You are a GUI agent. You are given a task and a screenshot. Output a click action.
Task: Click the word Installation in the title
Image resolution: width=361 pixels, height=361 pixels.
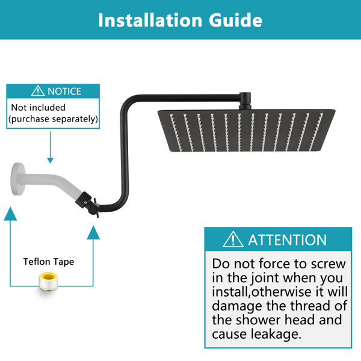click(x=150, y=20)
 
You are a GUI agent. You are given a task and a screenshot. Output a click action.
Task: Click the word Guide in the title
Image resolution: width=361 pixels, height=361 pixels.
click(x=235, y=20)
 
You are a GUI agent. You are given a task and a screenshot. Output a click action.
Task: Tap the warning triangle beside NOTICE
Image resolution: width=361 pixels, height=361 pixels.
click(x=38, y=91)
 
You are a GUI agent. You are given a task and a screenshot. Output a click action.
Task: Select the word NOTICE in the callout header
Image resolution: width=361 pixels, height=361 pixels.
click(x=64, y=91)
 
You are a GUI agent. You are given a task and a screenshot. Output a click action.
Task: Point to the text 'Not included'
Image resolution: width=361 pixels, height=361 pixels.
click(x=39, y=108)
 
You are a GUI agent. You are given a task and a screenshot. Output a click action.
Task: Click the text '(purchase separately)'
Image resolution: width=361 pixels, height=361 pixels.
click(x=53, y=119)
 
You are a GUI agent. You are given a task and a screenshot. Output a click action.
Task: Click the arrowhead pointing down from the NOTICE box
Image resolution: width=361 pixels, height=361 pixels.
click(x=50, y=160)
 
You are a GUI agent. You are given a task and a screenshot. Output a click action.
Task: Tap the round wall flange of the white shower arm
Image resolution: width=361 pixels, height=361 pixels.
click(x=17, y=179)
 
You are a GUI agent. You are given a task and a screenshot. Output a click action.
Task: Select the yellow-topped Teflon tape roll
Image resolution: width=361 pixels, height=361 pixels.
click(x=48, y=281)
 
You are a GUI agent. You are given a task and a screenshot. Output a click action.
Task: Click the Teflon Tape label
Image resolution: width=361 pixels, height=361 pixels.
click(x=49, y=262)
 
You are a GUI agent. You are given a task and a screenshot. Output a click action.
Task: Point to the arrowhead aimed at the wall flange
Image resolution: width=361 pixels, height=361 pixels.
click(x=10, y=214)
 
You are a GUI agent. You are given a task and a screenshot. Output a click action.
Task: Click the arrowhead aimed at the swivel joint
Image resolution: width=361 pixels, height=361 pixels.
click(x=93, y=232)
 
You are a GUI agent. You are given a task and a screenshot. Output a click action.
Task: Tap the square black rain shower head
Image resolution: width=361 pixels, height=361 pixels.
click(x=246, y=131)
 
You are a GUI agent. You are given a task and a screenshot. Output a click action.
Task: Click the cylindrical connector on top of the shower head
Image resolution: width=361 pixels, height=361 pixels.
click(x=245, y=101)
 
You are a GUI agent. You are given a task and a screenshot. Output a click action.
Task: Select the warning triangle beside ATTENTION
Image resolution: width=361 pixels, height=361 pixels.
click(x=233, y=239)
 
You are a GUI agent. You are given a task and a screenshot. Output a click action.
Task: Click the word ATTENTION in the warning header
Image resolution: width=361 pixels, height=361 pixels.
click(x=288, y=240)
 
